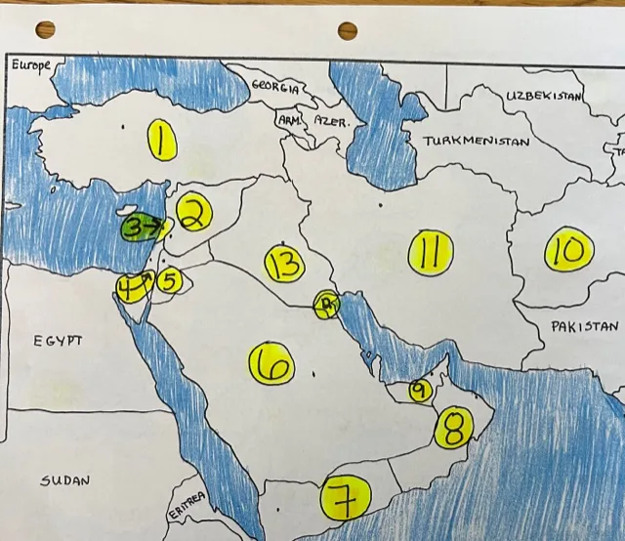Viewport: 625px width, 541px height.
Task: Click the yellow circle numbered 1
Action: click(x=162, y=140)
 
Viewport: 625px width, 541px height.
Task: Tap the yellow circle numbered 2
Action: click(x=193, y=216)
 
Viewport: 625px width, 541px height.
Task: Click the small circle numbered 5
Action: click(x=168, y=281)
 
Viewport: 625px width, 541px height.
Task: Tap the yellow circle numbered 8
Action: click(x=453, y=427)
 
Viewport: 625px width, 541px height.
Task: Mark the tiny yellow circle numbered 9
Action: click(x=419, y=391)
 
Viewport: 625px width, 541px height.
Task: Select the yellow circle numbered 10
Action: click(x=565, y=251)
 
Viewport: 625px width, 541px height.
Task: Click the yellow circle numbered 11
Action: click(x=430, y=253)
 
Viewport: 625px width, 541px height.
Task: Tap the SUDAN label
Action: click(x=65, y=480)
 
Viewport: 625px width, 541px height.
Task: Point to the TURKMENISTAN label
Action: click(x=476, y=141)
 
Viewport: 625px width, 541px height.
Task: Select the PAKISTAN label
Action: click(x=584, y=326)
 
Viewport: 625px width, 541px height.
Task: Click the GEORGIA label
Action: click(x=276, y=86)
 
